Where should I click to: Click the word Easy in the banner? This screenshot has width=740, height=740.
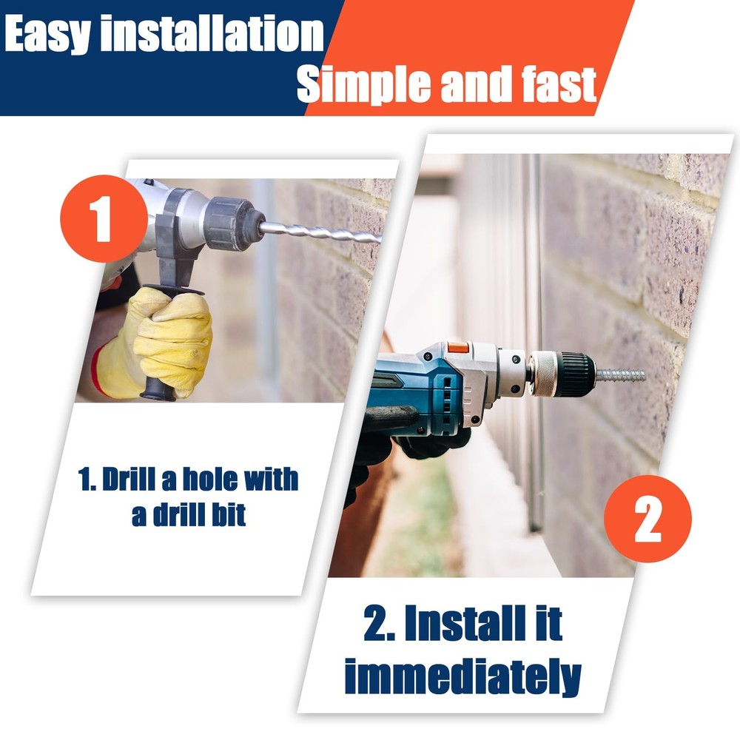click(x=47, y=34)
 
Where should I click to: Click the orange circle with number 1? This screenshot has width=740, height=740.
click(x=104, y=218)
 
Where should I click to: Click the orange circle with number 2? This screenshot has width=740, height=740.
click(x=647, y=518)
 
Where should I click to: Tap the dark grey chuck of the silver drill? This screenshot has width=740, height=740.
click(x=234, y=223)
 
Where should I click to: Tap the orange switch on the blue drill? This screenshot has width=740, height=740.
click(x=458, y=348)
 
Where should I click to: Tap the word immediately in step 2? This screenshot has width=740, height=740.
click(x=463, y=676)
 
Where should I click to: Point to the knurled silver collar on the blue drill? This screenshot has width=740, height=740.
click(x=542, y=374)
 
